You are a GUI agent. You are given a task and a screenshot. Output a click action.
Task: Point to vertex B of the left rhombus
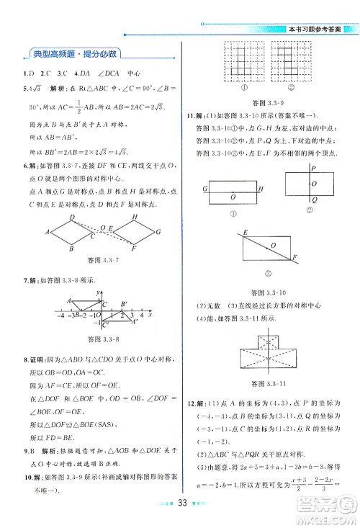point(72,249)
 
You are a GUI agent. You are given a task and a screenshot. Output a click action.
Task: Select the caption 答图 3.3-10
point(264,292)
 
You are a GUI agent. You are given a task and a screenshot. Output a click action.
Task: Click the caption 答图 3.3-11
point(264,384)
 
